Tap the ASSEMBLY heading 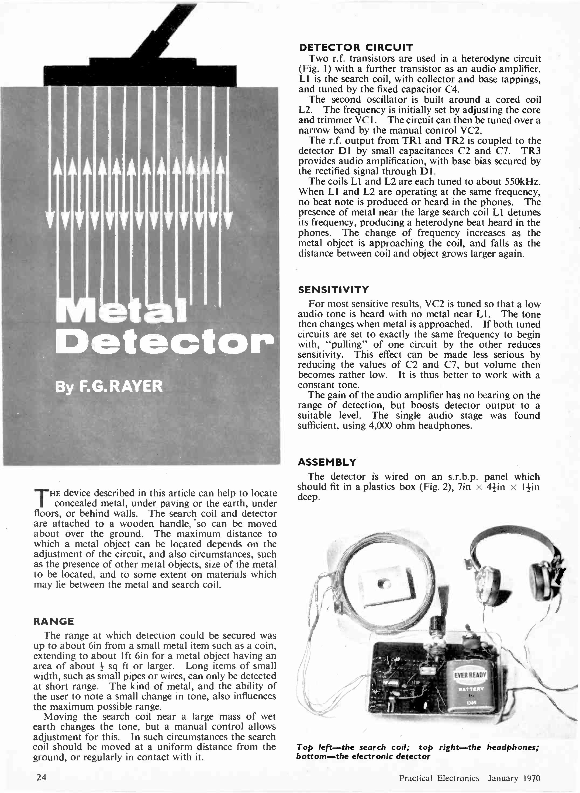click(x=327, y=462)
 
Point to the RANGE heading click(x=54, y=621)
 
